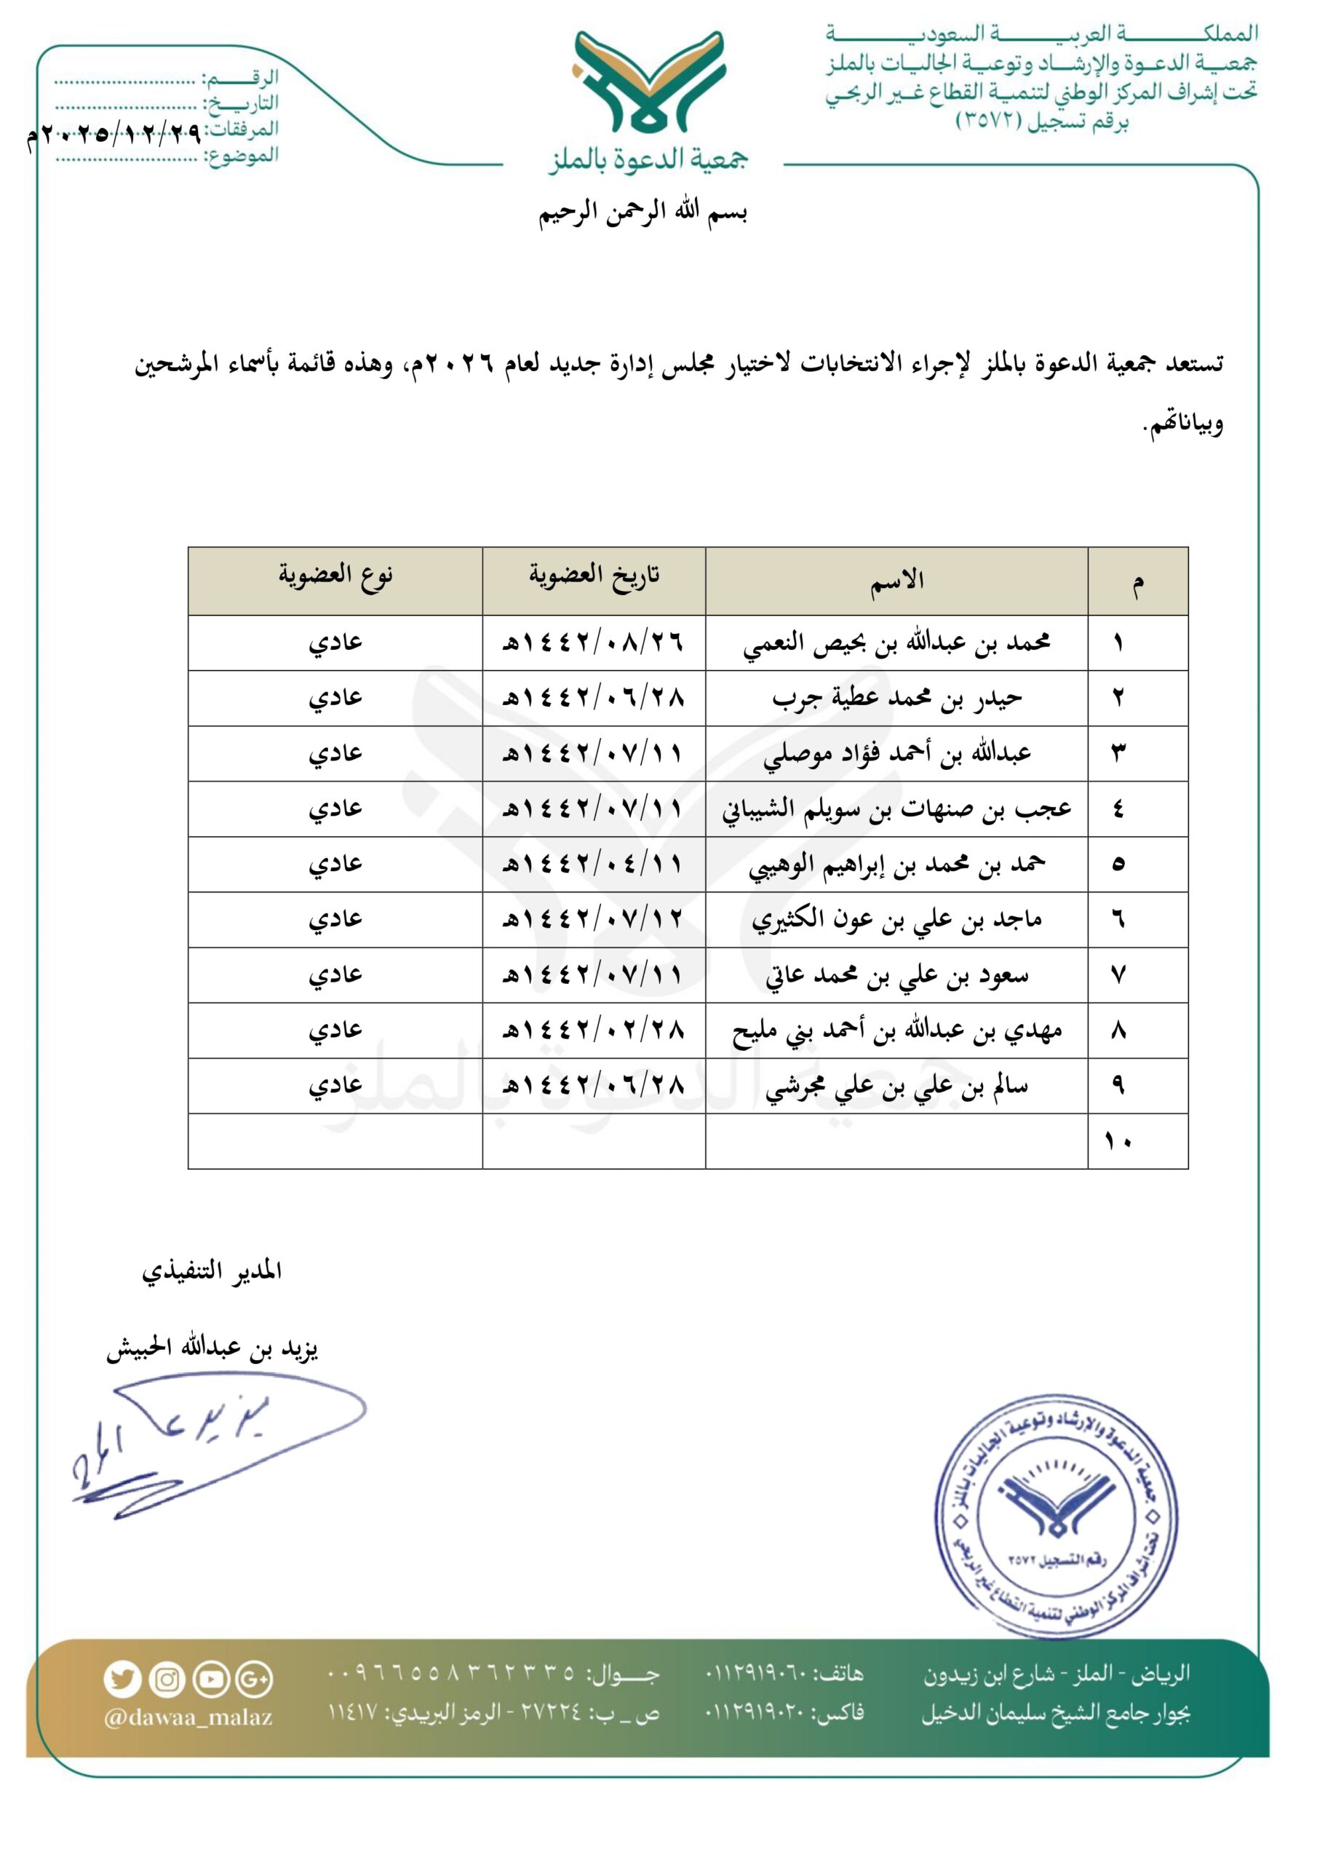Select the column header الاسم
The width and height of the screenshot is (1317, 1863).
pyautogui.click(x=896, y=580)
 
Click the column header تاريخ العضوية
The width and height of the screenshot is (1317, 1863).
pyautogui.click(x=594, y=576)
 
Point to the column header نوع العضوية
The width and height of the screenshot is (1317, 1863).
pyautogui.click(x=335, y=576)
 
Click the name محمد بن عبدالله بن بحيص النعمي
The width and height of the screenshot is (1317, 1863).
pyautogui.click(x=896, y=643)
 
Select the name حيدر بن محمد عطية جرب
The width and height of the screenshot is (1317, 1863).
pyautogui.click(x=896, y=698)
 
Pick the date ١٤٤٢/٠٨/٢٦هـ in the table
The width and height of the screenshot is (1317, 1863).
pyautogui.click(x=594, y=643)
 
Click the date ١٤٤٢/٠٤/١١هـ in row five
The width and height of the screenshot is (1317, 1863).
pyautogui.click(x=594, y=864)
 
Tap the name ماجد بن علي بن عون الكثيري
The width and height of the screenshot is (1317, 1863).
pyautogui.click(x=896, y=919)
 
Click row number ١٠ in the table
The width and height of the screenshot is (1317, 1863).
pyautogui.click(x=1118, y=1141)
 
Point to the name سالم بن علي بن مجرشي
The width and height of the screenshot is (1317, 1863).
pyautogui.click(x=896, y=1086)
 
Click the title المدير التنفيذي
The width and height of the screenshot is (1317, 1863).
pyautogui.click(x=212, y=1271)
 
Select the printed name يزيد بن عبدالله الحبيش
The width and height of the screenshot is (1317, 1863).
pyautogui.click(x=212, y=1348)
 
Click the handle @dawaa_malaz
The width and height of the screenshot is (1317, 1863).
pyautogui.click(x=188, y=1717)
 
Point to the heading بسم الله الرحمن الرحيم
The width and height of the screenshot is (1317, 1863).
pyautogui.click(x=642, y=212)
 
